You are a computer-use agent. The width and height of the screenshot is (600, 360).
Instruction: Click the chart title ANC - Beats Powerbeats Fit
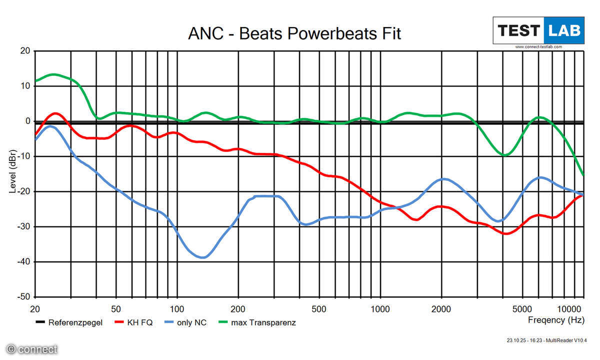[294, 33]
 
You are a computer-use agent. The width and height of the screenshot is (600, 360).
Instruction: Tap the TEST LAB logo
[538, 31]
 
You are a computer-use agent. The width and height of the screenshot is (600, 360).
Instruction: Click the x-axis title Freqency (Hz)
[555, 319]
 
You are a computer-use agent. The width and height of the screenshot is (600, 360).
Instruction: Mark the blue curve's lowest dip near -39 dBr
[202, 257]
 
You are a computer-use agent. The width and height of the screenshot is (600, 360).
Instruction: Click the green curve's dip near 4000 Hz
[505, 155]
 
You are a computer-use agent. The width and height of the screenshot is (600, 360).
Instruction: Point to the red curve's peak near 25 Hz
[55, 113]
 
